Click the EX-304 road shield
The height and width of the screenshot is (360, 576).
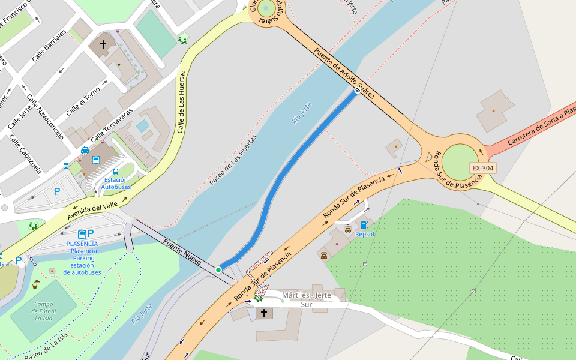(482, 168)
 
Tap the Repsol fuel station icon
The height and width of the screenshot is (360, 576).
(364, 225)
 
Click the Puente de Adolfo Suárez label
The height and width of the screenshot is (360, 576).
(345, 73)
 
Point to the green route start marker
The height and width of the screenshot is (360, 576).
(218, 270)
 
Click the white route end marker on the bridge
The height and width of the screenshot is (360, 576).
(357, 91)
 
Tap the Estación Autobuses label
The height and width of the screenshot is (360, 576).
(116, 183)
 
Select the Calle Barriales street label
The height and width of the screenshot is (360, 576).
(49, 45)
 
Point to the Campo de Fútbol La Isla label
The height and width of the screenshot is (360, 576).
(44, 311)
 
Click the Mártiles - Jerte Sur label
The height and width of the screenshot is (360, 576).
(307, 299)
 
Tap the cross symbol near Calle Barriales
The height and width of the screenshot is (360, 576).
(103, 44)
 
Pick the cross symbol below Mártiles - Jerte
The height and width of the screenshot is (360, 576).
(264, 313)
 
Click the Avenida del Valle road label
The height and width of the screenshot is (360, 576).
(92, 203)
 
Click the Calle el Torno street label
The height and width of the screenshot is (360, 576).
(83, 101)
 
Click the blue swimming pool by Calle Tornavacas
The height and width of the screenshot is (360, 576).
(143, 126)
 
